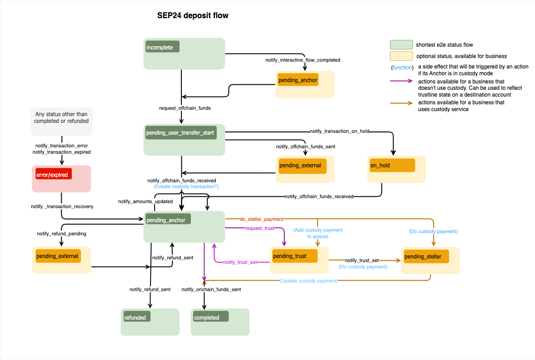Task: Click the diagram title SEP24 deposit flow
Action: pos(193,16)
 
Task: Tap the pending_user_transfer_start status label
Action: pos(180,133)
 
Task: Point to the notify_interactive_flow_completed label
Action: pos(302,60)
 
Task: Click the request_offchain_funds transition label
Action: pos(185,108)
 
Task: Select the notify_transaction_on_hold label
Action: pos(340,131)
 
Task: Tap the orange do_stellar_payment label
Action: pos(262,219)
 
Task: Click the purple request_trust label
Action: pos(260,228)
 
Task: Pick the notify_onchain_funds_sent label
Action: pos(211,289)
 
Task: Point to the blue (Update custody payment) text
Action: pos(309,281)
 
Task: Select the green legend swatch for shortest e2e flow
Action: pos(401,45)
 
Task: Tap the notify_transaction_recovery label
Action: pos(62,206)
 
